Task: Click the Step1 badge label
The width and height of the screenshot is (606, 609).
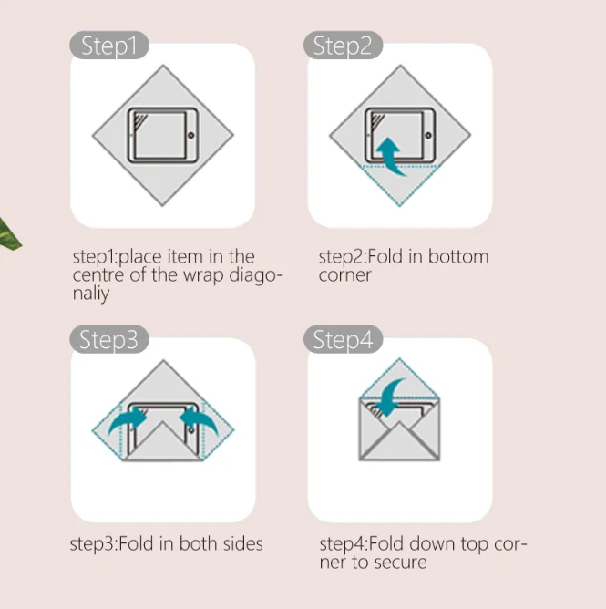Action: [109, 46]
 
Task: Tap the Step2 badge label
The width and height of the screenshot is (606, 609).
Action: [344, 46]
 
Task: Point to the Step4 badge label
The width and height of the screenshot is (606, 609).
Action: [344, 340]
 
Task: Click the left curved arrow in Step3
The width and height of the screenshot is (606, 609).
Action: [129, 420]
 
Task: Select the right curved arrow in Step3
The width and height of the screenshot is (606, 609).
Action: [197, 420]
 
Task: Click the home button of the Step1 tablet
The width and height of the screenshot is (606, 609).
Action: [190, 135]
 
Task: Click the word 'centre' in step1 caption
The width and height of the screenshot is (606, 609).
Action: [98, 275]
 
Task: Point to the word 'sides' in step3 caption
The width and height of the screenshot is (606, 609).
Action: [241, 544]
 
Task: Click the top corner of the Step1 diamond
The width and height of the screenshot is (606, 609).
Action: [163, 67]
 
